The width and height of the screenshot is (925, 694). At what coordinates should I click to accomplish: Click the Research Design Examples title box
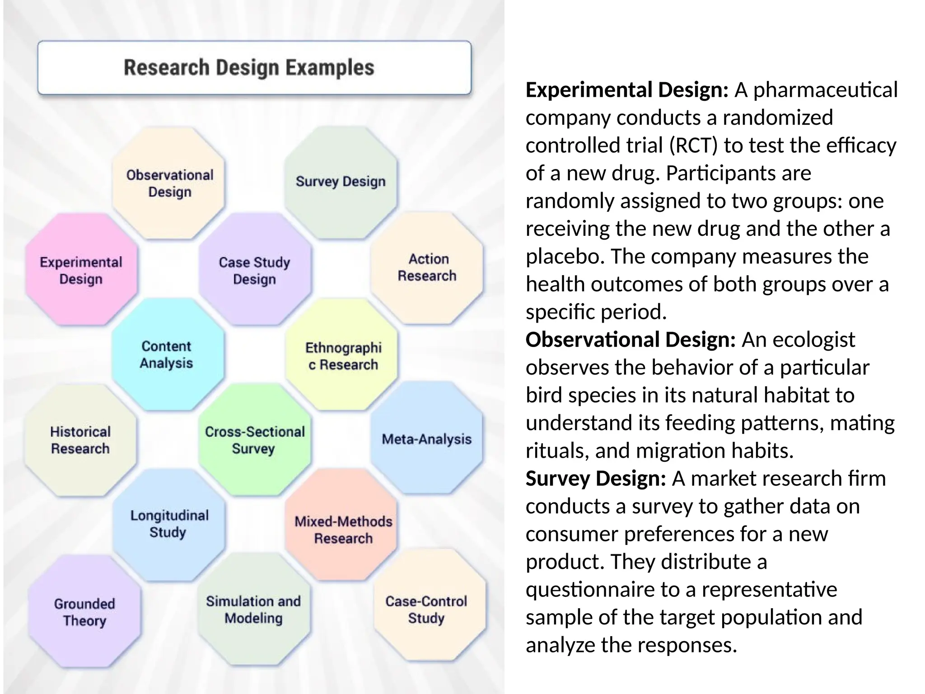(254, 68)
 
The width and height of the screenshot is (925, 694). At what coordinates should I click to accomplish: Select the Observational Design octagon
(169, 183)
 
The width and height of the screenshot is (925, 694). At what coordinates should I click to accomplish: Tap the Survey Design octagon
(341, 182)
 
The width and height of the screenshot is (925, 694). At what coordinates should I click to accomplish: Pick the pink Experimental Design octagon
(81, 270)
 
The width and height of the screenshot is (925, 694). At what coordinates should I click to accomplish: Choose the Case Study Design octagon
(255, 270)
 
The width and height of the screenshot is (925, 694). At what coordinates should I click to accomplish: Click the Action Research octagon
(427, 267)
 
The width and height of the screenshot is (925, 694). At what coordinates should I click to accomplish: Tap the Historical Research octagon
(80, 440)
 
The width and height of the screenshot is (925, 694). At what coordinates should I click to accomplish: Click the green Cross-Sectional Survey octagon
(255, 440)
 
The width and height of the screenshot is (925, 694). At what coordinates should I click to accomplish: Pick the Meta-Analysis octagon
(427, 439)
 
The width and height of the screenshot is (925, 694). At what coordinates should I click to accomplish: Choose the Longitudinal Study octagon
(169, 524)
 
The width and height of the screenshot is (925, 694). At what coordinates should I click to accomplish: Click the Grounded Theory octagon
(84, 612)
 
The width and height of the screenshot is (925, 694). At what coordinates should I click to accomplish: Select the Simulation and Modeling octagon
(254, 610)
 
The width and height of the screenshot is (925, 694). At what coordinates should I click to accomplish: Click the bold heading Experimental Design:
(627, 90)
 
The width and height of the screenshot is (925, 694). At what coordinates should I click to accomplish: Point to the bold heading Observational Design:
(631, 340)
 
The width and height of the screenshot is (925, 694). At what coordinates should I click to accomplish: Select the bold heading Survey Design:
(596, 478)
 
